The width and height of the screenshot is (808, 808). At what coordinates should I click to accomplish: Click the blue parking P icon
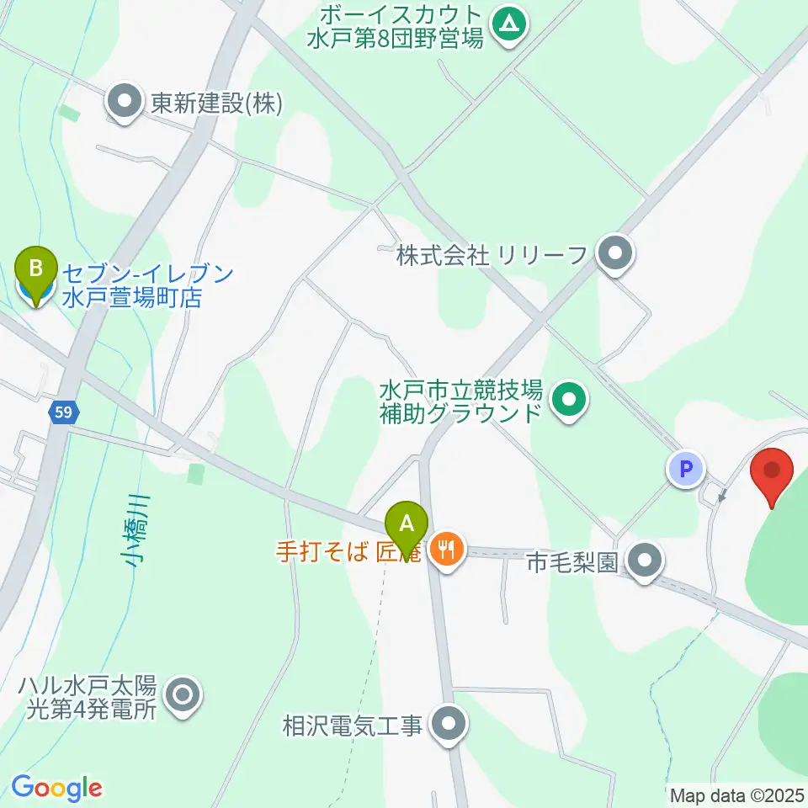tap(686, 469)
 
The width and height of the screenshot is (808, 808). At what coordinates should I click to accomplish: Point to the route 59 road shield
tap(64, 412)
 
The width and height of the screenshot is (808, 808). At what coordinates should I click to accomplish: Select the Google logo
tap(56, 788)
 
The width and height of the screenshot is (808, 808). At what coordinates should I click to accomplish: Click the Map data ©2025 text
tap(737, 794)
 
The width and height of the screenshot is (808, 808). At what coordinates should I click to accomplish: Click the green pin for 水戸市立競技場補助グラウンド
tap(571, 400)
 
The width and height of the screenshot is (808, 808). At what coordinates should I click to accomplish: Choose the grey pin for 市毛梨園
tap(646, 561)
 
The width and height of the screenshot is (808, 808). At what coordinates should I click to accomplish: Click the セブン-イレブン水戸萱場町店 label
tap(147, 284)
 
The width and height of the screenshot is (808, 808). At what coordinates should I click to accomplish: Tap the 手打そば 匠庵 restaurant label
tap(350, 552)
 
